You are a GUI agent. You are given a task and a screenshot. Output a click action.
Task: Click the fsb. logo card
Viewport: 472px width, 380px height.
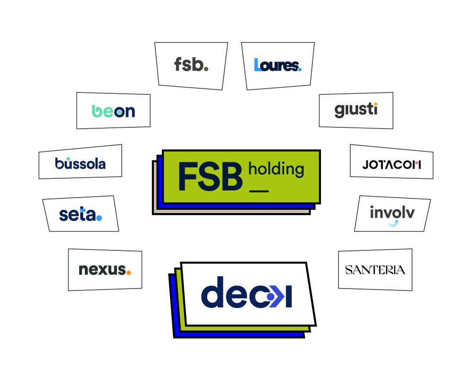coord(191,66)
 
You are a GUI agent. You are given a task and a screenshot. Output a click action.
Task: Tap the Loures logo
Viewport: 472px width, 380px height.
coord(278,65)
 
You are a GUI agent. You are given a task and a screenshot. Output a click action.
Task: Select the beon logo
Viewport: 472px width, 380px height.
coord(113,111)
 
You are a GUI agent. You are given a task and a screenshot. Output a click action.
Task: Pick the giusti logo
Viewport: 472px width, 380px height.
coord(356,110)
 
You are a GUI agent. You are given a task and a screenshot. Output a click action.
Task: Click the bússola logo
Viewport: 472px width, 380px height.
coord(80,163)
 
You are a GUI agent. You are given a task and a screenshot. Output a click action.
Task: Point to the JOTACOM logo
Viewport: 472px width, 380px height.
coord(391,165)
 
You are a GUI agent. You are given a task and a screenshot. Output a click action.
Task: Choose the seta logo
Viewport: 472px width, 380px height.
coord(80,214)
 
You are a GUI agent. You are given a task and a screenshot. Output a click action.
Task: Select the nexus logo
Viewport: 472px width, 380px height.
coord(105,270)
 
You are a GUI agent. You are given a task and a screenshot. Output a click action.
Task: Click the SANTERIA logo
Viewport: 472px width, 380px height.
coord(375,270)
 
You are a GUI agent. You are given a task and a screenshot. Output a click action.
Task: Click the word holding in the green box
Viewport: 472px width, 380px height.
coord(276,169)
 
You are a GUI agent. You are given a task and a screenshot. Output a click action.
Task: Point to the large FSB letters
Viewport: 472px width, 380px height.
coord(211,176)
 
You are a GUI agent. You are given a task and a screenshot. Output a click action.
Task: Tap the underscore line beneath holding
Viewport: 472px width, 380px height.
coord(259,191)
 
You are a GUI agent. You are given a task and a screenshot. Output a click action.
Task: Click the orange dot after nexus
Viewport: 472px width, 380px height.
coord(128,273)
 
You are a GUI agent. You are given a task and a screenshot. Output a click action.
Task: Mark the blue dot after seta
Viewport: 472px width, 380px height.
coord(99,218)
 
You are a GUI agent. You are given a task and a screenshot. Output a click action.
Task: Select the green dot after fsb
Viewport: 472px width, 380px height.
coord(206,69)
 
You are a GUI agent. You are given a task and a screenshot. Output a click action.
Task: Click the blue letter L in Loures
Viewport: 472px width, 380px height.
coord(257,65)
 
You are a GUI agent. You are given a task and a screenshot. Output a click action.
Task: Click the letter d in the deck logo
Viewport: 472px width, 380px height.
coord(212,292)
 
